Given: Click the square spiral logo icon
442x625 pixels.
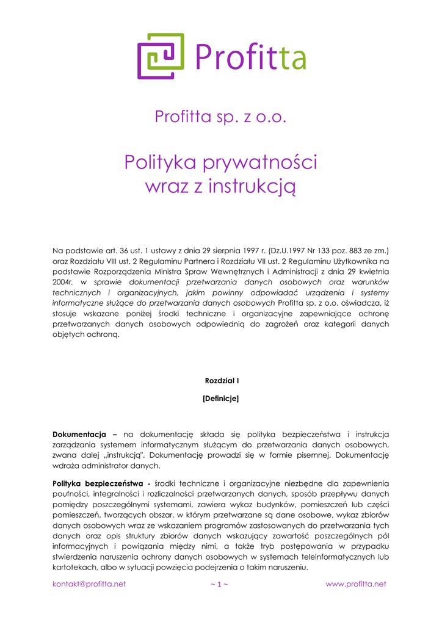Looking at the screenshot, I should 161,56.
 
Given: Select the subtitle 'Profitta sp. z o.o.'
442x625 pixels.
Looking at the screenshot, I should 220,116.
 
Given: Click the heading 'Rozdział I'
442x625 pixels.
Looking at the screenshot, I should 221,381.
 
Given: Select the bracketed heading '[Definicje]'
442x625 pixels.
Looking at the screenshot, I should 220,399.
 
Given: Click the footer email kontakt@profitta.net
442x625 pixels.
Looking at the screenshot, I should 89,584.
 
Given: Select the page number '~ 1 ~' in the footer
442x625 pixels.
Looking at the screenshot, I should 219,584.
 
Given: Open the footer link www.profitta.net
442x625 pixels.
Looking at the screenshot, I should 356,584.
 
